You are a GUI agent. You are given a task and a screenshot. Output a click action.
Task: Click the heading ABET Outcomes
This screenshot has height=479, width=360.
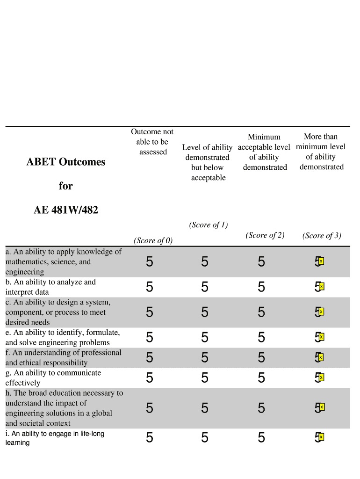click(x=66, y=162)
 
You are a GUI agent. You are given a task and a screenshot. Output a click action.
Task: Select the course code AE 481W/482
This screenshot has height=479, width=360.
click(x=66, y=210)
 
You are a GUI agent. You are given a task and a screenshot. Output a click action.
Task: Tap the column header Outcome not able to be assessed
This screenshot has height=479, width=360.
click(x=152, y=142)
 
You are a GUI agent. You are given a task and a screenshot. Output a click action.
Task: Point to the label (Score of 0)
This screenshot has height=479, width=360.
click(x=153, y=240)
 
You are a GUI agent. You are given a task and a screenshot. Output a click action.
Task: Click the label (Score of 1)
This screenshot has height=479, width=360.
click(x=208, y=225)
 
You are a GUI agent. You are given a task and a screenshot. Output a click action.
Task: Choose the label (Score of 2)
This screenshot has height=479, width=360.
click(x=265, y=235)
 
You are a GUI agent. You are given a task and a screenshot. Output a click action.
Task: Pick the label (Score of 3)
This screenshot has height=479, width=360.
click(x=322, y=236)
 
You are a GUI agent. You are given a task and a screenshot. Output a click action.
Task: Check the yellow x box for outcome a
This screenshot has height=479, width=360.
click(x=321, y=261)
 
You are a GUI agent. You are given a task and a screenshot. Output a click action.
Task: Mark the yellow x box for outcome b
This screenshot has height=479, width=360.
click(x=321, y=286)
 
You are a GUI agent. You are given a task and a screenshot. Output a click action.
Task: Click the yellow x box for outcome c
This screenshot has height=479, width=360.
click(x=321, y=312)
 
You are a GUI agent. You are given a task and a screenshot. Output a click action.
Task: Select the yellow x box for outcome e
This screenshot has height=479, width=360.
click(x=321, y=337)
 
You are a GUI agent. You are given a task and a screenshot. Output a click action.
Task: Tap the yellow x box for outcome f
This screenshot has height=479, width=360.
click(x=321, y=357)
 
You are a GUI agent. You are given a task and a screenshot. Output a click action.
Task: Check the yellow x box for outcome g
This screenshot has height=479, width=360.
click(x=321, y=377)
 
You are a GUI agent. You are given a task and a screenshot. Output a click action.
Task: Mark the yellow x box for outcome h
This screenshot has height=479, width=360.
click(x=321, y=407)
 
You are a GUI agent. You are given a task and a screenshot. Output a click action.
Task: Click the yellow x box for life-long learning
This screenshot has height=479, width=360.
click(x=321, y=437)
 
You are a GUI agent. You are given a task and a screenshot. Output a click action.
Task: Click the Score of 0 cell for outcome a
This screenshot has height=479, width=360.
click(x=149, y=262)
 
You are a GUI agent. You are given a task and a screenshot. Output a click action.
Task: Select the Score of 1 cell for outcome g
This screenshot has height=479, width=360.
click(x=205, y=378)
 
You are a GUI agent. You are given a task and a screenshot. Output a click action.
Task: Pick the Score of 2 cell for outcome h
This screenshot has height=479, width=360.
click(x=261, y=408)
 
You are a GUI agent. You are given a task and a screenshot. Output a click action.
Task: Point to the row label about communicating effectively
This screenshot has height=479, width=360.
click(x=53, y=378)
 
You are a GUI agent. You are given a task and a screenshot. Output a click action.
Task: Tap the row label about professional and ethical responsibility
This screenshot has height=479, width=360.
click(x=63, y=358)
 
